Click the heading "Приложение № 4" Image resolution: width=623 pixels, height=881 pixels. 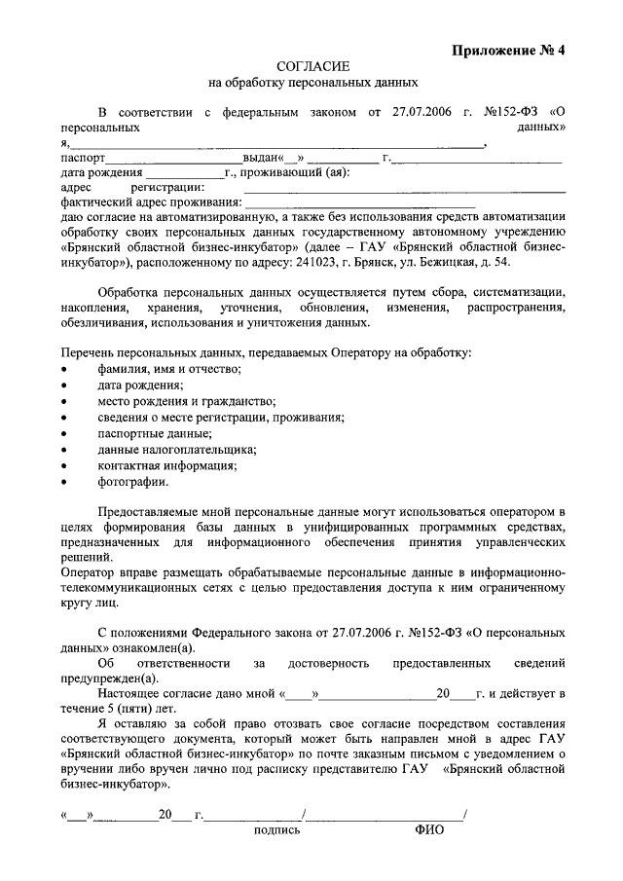pyautogui.click(x=509, y=52)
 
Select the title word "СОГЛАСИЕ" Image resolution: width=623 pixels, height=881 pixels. pyautogui.click(x=311, y=67)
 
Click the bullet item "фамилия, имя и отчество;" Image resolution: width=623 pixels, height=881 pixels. pyautogui.click(x=169, y=368)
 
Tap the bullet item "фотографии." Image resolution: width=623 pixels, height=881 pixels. pyautogui.click(x=132, y=481)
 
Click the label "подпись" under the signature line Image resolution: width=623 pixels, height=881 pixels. pyautogui.click(x=276, y=831)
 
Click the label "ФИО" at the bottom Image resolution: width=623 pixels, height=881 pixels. pyautogui.click(x=428, y=831)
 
